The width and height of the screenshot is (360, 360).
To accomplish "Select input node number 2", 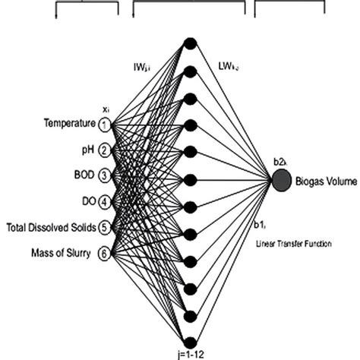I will [104, 150].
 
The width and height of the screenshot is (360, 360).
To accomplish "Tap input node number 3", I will [104, 176].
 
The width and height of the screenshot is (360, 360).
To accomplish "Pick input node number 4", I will [104, 202].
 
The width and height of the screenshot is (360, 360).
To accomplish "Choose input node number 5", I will [104, 227].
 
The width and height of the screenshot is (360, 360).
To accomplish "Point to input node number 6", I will [104, 254].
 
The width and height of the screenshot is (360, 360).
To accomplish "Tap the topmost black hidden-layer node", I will [191, 44].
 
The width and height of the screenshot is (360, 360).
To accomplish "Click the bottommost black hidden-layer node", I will [191, 340].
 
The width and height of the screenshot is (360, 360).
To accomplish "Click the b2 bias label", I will [279, 161].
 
